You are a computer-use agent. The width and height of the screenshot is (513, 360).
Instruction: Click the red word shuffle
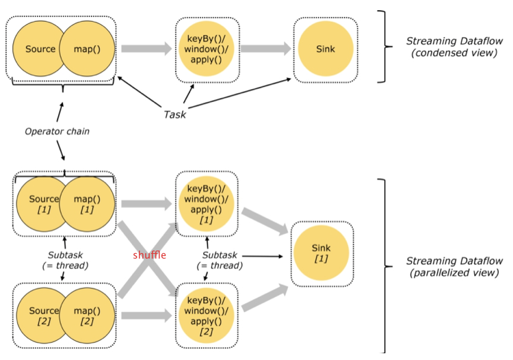(x=150, y=255)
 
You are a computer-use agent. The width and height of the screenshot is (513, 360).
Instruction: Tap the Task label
(x=174, y=114)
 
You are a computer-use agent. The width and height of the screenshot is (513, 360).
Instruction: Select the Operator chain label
(x=57, y=131)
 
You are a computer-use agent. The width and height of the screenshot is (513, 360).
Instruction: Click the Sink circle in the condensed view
(x=326, y=49)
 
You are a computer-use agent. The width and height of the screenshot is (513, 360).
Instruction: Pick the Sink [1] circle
(x=321, y=253)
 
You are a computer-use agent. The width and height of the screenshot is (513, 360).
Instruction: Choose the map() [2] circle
(x=87, y=316)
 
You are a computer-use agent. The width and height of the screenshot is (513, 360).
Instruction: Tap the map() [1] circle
(x=87, y=204)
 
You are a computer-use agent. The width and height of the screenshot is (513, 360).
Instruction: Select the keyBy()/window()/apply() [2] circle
(x=206, y=316)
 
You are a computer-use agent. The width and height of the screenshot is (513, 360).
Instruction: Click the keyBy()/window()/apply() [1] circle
(x=206, y=204)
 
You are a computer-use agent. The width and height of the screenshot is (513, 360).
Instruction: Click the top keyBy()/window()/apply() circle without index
(x=206, y=49)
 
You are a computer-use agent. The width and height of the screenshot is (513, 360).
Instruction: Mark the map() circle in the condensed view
(x=87, y=49)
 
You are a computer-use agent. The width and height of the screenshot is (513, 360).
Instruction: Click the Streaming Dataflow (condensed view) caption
(x=454, y=47)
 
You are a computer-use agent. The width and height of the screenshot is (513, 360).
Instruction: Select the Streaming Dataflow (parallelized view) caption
(x=454, y=266)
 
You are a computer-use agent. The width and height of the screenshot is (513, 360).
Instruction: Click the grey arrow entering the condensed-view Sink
(x=265, y=49)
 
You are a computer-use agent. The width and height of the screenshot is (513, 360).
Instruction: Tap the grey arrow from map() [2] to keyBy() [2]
(x=146, y=316)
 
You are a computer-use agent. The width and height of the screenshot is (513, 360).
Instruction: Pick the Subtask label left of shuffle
(x=65, y=260)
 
